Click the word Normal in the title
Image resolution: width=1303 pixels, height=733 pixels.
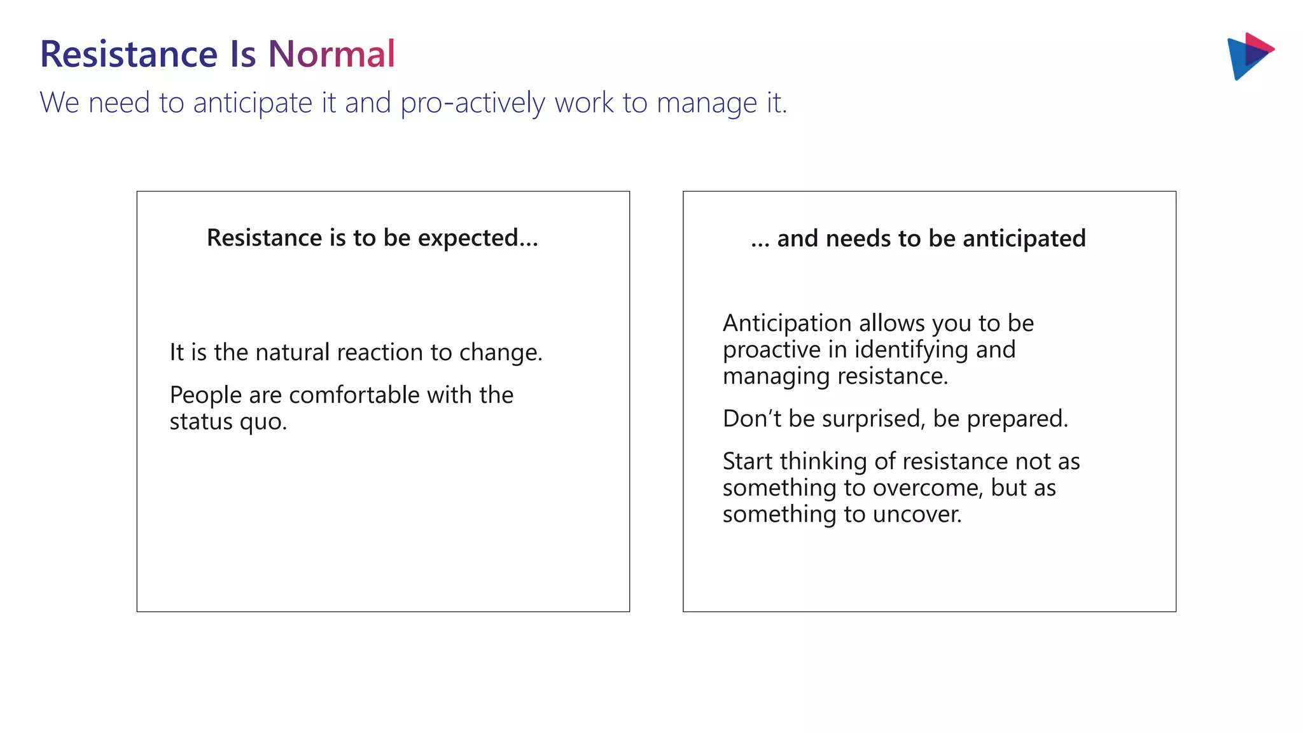(x=331, y=53)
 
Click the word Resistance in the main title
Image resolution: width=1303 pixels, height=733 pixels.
(x=129, y=53)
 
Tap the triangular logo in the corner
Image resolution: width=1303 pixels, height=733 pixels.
(x=1248, y=56)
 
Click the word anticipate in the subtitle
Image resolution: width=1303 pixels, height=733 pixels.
(x=253, y=103)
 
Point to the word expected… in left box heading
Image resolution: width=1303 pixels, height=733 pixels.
(x=478, y=239)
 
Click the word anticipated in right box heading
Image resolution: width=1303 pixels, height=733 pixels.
(x=1024, y=239)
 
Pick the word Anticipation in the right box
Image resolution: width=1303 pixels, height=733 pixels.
(x=786, y=323)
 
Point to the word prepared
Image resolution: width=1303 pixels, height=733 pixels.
(x=1017, y=419)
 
